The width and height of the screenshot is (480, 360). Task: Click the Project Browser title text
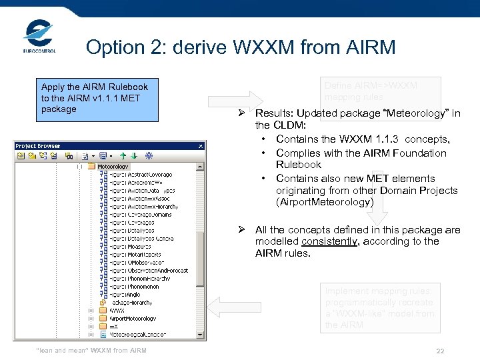(x=38, y=146)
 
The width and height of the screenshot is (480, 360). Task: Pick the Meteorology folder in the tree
(x=113, y=166)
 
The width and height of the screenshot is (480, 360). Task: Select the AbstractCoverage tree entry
(x=140, y=175)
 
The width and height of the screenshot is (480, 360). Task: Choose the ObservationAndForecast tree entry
(x=148, y=270)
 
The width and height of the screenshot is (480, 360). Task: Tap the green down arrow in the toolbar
(x=133, y=156)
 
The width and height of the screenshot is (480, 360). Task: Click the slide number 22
(x=439, y=351)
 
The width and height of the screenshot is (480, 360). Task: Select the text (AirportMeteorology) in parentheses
(x=325, y=201)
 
